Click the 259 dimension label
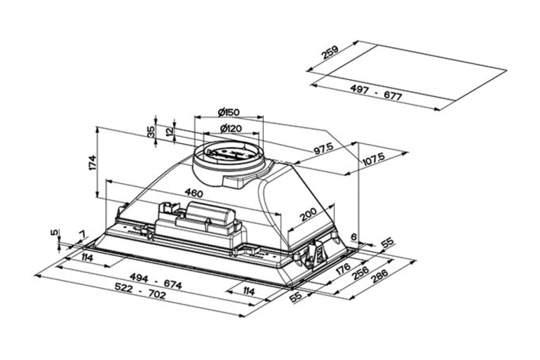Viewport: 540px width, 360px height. coord(330,52)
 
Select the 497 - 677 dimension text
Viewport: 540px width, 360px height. coord(376,92)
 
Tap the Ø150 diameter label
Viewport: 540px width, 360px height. coord(229,112)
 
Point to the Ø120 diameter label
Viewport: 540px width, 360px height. coord(230,129)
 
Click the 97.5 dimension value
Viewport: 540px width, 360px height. coord(324,149)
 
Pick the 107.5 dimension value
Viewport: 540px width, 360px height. coord(374,159)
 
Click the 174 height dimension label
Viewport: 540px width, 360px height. coord(92,162)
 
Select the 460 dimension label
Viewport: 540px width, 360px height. coord(194,193)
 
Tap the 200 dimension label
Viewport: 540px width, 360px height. coord(308,215)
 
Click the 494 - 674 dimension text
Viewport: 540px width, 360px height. coord(156,281)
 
